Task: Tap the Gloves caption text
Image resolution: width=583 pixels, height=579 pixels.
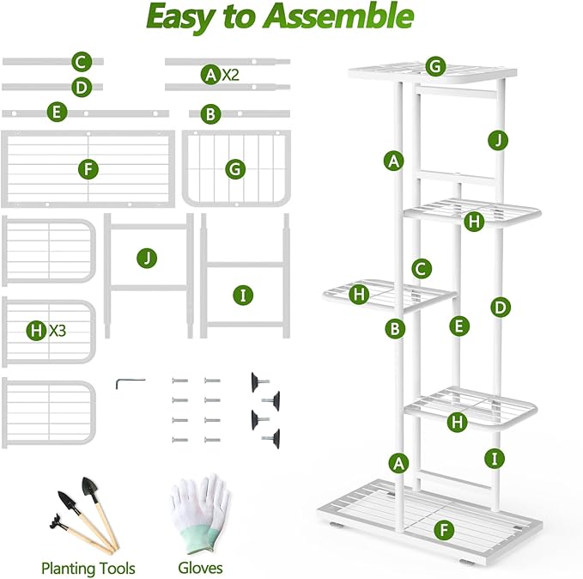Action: point(200,568)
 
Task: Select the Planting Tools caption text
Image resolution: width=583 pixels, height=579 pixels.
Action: point(88,568)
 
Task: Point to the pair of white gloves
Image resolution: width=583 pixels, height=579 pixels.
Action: point(199,511)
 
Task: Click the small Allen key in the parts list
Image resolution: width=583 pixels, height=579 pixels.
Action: point(130,382)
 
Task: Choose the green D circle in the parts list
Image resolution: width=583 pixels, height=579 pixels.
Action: point(82,87)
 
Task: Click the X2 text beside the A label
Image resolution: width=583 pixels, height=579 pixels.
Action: point(230,75)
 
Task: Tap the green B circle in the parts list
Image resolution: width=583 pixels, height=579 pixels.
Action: point(210,113)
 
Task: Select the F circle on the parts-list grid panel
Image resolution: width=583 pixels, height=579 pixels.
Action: point(88,168)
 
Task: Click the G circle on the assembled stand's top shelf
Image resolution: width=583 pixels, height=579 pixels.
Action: point(435,66)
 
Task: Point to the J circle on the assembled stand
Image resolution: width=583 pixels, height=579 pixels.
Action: point(495,139)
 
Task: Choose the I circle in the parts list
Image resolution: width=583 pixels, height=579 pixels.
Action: point(244,295)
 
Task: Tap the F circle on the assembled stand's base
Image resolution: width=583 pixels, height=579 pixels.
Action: point(443,529)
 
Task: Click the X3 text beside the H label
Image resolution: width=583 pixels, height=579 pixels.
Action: point(58,330)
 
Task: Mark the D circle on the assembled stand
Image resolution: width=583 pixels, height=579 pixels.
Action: point(501,307)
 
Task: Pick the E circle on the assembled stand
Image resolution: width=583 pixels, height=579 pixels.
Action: point(459,325)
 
